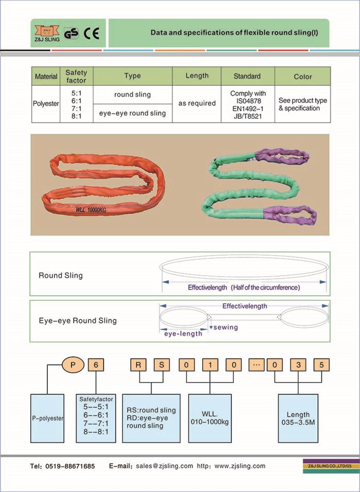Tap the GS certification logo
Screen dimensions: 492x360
71,33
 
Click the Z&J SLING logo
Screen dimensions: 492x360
46,32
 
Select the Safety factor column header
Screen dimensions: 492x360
76,76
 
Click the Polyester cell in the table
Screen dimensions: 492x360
46,103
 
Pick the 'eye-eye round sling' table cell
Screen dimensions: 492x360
132,113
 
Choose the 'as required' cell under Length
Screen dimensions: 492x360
197,103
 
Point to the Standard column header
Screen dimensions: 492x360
247,76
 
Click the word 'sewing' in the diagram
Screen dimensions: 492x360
225,327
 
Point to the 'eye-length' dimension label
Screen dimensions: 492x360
183,334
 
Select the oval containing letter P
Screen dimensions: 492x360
73,365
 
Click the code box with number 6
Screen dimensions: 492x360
96,365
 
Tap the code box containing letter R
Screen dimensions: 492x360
138,365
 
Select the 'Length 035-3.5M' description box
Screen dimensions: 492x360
298,418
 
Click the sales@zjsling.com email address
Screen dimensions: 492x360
165,466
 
